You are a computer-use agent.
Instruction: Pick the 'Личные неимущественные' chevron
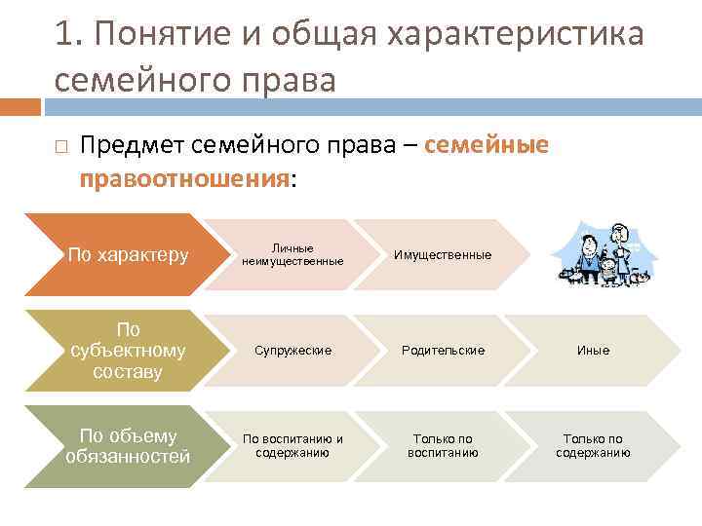tap(292, 255)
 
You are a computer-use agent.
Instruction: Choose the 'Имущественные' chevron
tap(441, 255)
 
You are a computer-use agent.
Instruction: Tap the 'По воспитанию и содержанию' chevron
tap(292, 445)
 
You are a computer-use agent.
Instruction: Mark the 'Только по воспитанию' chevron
tap(443, 445)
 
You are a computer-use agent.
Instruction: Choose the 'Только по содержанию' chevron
tap(593, 445)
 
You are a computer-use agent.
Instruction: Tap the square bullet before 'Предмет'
tap(60, 146)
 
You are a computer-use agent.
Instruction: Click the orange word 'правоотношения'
tap(184, 179)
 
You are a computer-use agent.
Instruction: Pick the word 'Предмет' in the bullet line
tap(132, 145)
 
